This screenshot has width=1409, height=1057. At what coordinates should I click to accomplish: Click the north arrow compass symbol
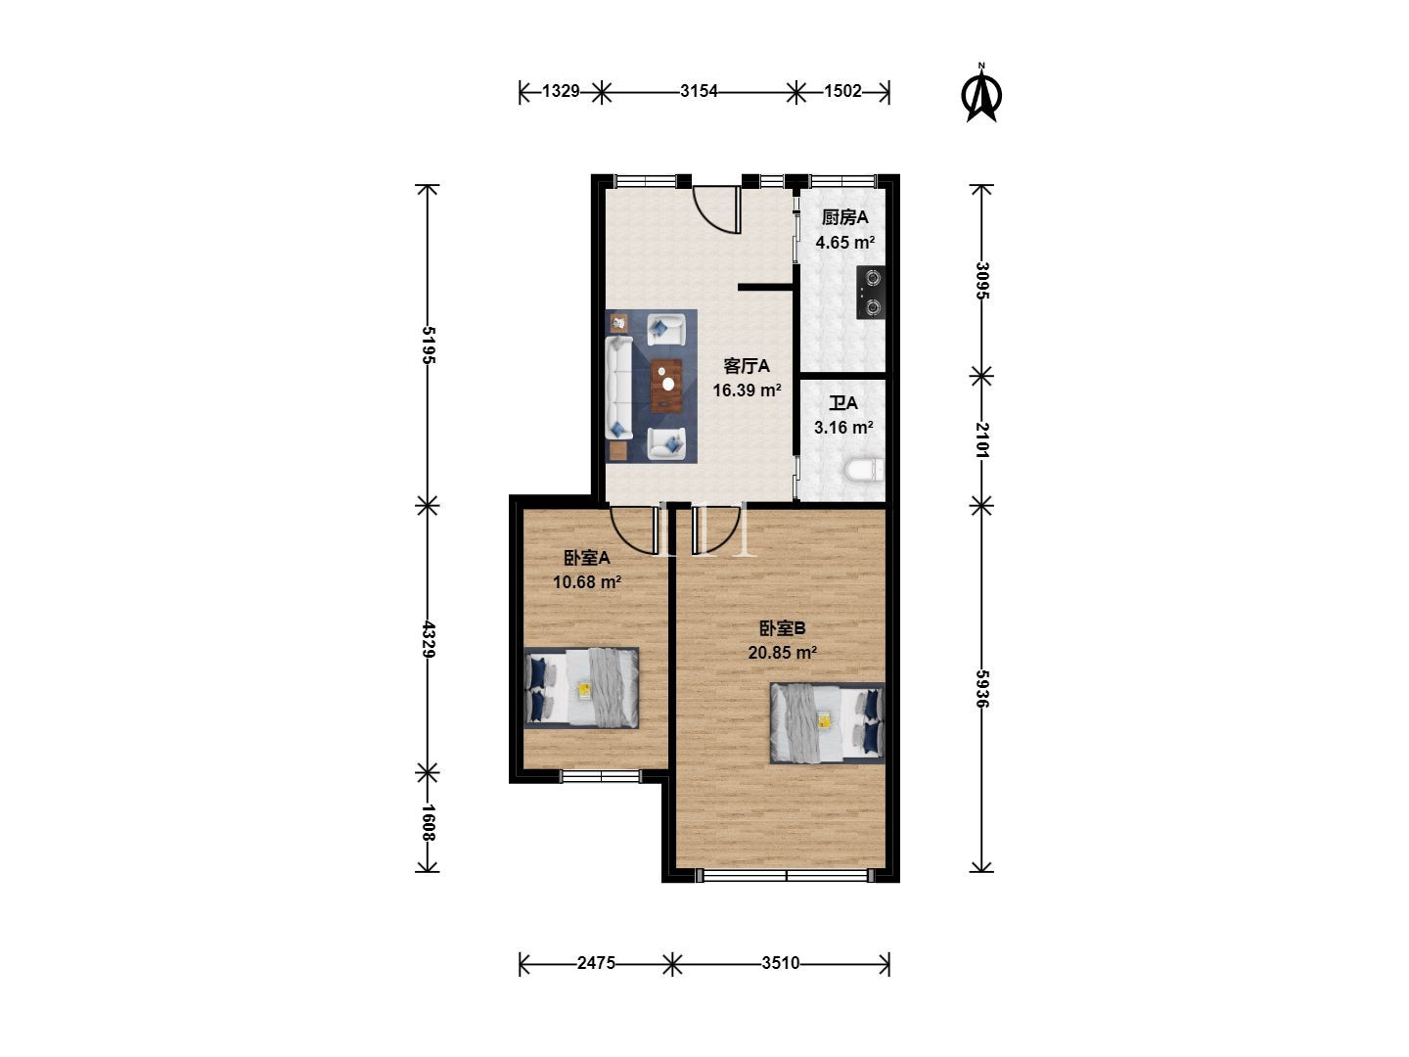click(980, 94)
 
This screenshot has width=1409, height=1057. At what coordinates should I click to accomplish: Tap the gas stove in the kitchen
click(871, 293)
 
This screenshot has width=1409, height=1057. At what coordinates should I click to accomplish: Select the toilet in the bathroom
click(865, 470)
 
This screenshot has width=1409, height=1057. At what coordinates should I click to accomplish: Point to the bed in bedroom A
click(581, 688)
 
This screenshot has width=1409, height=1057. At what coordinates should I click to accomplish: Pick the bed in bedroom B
click(828, 723)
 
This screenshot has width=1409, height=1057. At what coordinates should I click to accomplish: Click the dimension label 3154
click(699, 92)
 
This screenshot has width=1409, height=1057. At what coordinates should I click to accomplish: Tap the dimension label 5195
click(429, 345)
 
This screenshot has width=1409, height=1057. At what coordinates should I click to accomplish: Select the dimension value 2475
click(596, 963)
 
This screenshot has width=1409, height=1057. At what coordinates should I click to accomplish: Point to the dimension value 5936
click(981, 689)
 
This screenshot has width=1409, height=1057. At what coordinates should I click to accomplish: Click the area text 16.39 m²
click(747, 391)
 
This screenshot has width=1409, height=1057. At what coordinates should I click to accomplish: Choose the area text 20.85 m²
click(782, 653)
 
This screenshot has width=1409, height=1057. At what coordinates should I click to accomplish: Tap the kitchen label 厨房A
click(844, 217)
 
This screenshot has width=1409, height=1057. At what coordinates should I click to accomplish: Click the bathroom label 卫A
click(843, 403)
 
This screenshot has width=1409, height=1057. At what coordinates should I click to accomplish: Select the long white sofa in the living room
click(619, 388)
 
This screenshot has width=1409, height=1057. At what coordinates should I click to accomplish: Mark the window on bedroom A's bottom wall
click(601, 776)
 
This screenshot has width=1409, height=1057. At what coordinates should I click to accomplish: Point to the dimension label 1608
click(429, 823)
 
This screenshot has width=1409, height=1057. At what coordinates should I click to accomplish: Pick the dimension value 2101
click(981, 440)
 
